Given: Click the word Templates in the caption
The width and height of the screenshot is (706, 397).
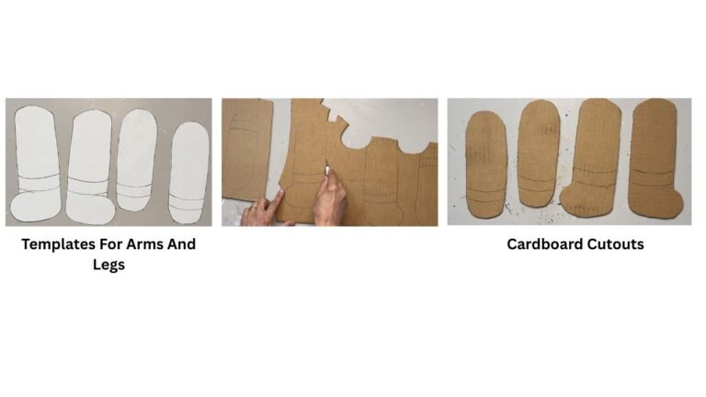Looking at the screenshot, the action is click(58, 244).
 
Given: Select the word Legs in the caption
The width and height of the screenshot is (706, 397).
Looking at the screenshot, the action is click(109, 265).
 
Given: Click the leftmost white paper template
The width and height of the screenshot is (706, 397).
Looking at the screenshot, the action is click(36, 164).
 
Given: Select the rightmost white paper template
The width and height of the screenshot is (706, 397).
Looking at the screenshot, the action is click(189, 173).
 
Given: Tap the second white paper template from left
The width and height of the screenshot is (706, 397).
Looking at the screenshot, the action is click(90, 167).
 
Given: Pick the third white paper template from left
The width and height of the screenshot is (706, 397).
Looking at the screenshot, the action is click(137, 160).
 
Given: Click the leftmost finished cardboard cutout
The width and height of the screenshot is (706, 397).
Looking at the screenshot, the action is click(486, 164).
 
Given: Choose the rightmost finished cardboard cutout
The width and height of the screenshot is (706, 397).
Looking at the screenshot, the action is click(655, 158).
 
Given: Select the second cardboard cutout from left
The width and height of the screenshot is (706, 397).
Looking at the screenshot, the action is click(539, 154).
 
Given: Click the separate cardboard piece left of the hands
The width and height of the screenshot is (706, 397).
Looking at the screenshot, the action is click(246, 149).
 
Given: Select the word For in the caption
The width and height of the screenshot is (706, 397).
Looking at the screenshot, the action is click(110, 244).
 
